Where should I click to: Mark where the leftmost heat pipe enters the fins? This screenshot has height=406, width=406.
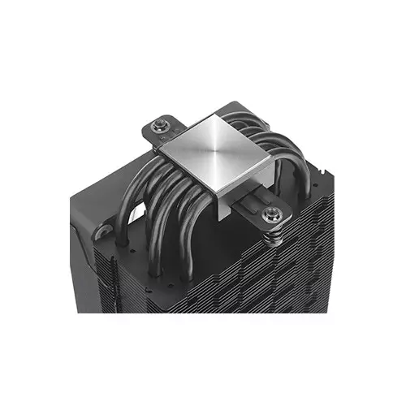(121, 240)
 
